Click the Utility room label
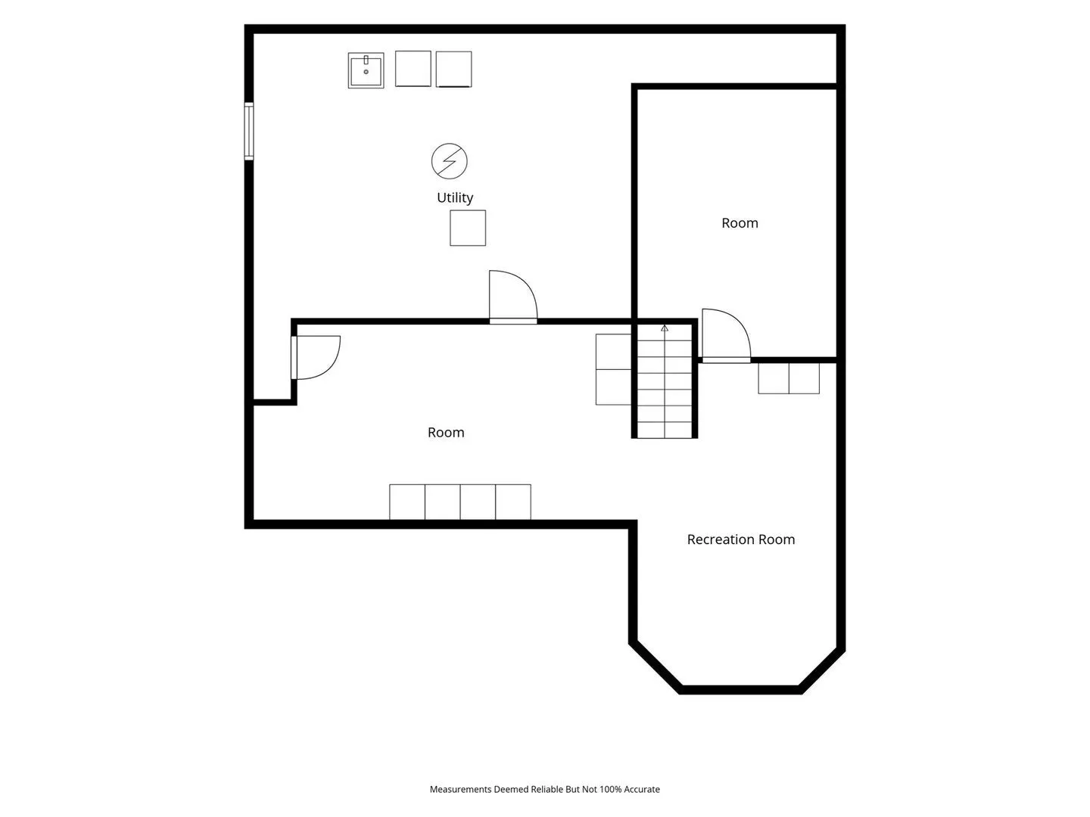click(454, 197)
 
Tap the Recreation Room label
click(740, 539)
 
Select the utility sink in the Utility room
click(366, 70)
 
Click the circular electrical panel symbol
click(449, 161)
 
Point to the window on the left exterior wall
click(249, 131)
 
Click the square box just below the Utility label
click(468, 228)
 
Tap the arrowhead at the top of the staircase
click(665, 328)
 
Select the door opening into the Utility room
click(513, 297)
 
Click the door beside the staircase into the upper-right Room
click(725, 335)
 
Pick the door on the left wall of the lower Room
click(316, 358)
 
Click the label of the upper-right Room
click(740, 223)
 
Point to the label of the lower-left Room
click(446, 433)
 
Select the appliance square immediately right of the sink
click(413, 68)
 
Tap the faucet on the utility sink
click(366, 60)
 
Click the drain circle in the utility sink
click(366, 72)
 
